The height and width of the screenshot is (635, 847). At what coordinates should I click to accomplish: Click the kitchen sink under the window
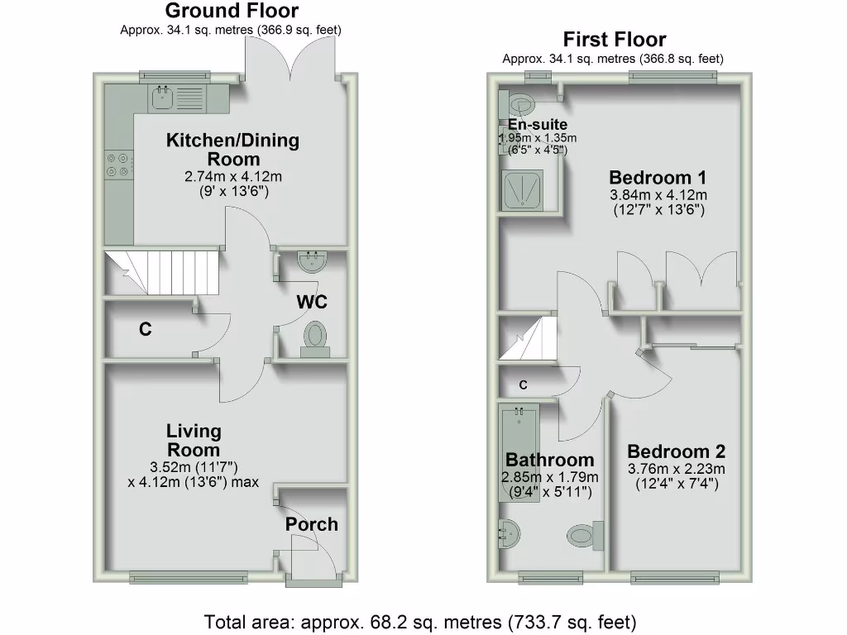pyautogui.click(x=172, y=99)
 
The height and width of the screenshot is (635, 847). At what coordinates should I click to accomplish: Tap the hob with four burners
pyautogui.click(x=117, y=165)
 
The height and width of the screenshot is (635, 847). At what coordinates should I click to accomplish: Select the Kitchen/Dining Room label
pyautogui.click(x=233, y=149)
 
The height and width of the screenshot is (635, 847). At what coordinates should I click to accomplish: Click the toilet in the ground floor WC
pyautogui.click(x=314, y=340)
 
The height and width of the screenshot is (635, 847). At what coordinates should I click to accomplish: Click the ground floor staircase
pyautogui.click(x=161, y=273)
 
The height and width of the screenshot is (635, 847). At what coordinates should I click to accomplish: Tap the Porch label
pyautogui.click(x=312, y=524)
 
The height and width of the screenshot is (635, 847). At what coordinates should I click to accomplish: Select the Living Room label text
pyautogui.click(x=194, y=441)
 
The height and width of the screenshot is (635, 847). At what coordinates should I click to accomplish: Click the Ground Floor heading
pyautogui.click(x=232, y=11)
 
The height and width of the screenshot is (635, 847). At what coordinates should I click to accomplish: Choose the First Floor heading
pyautogui.click(x=614, y=40)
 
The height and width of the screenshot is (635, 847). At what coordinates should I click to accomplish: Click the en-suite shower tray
pyautogui.click(x=523, y=190)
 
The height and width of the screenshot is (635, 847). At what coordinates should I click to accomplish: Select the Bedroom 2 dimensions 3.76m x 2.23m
pyautogui.click(x=676, y=470)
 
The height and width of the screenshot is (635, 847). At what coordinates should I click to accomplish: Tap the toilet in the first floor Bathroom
pyautogui.click(x=584, y=533)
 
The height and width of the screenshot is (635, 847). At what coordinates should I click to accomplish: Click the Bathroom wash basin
pyautogui.click(x=510, y=532)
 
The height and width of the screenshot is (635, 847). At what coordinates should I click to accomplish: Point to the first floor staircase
pyautogui.click(x=527, y=341)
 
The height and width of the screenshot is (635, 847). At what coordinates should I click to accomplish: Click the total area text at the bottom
pyautogui.click(x=420, y=621)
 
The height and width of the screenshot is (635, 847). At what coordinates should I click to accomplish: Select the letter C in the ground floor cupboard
pyautogui.click(x=146, y=330)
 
